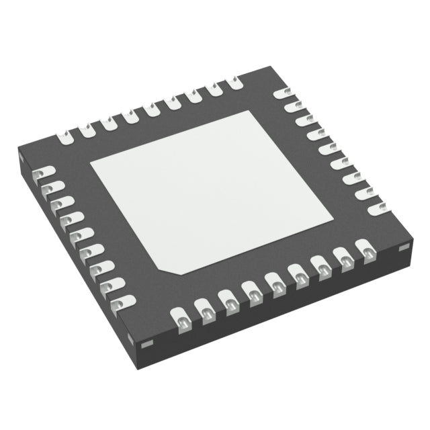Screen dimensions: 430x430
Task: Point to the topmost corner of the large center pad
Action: (x=257, y=113)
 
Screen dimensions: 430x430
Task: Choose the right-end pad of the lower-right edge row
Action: (x=369, y=254)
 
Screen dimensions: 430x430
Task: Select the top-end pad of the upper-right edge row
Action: (x=286, y=93)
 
